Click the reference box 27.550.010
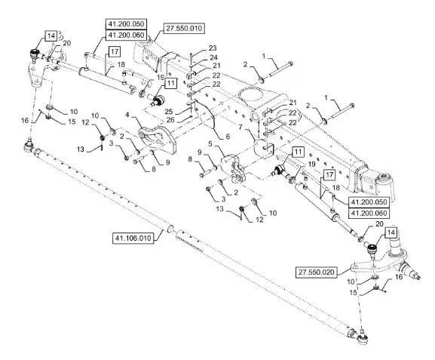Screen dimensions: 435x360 (x=184, y=29)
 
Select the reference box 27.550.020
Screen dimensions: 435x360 (x=317, y=272)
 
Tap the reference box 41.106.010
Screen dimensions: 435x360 (x=133, y=238)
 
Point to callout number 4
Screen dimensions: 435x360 (x=127, y=114)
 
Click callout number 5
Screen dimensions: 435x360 (x=210, y=144)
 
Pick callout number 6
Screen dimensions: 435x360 (x=228, y=137)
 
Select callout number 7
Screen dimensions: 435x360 (x=240, y=128)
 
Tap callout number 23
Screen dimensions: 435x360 (x=213, y=48)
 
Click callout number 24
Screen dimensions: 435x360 (x=213, y=57)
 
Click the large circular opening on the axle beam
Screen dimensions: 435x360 (x=251, y=96)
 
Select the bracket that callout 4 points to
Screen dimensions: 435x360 (x=158, y=139)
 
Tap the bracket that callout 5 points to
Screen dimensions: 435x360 (x=233, y=168)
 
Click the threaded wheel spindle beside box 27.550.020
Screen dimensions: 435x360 (x=412, y=271)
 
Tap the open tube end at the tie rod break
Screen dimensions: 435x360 (x=171, y=229)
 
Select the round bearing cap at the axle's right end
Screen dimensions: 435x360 (x=384, y=177)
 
